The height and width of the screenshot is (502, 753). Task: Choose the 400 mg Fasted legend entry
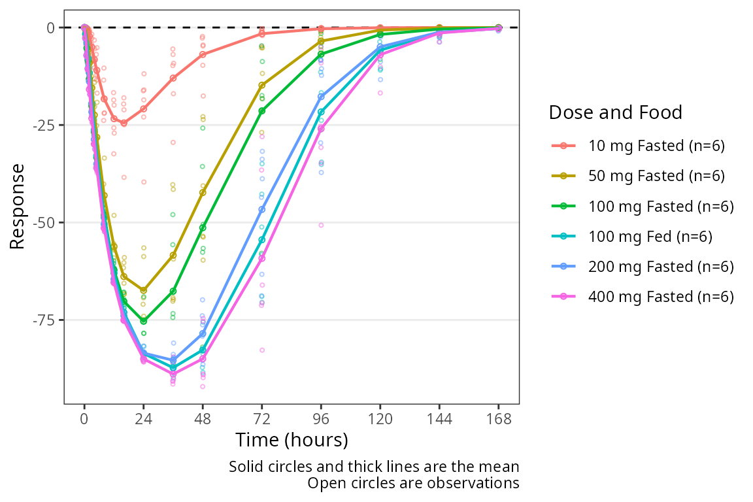(661, 297)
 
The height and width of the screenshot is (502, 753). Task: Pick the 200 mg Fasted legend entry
(661, 267)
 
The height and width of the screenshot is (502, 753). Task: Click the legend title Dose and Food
(615, 112)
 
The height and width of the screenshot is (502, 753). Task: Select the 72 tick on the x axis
(262, 418)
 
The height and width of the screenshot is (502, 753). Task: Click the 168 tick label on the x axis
(499, 418)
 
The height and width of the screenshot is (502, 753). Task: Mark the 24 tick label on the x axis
(143, 418)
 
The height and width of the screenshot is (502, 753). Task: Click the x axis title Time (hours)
(292, 440)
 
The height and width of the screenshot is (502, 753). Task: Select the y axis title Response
(18, 207)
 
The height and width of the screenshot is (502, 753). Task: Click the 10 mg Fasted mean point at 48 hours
(203, 54)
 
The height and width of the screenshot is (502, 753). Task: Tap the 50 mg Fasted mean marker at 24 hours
(144, 290)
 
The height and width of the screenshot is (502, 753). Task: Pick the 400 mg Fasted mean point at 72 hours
(262, 258)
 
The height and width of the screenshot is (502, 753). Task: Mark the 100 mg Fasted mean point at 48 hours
(203, 227)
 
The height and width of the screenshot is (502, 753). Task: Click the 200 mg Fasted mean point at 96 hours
(321, 96)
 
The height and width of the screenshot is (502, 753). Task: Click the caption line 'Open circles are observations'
(413, 484)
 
